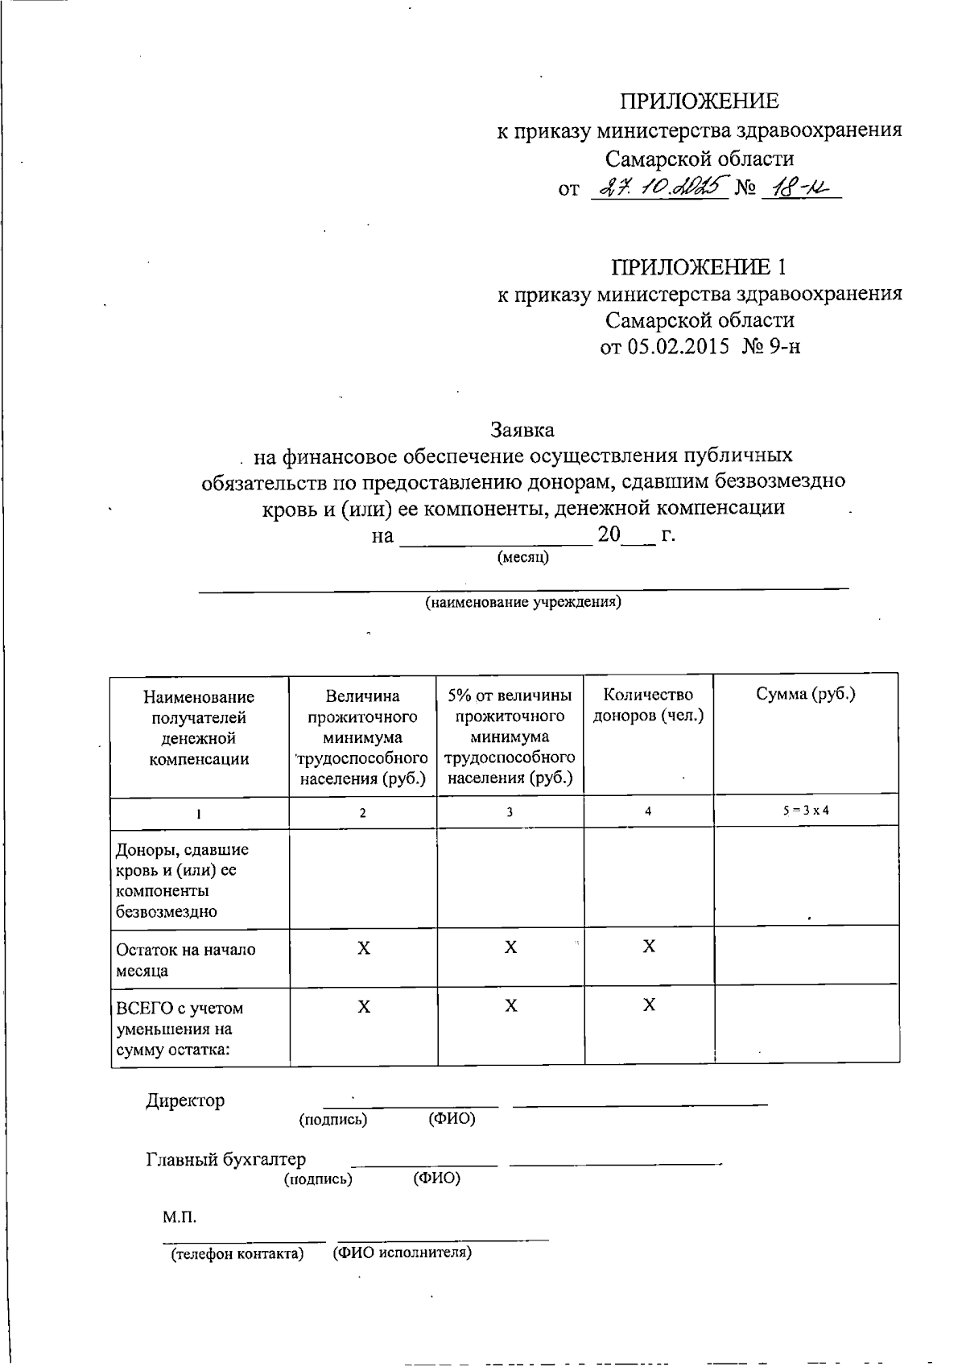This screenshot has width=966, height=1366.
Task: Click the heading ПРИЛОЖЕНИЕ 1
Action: [x=698, y=266]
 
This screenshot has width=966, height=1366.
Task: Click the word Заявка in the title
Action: [x=522, y=430]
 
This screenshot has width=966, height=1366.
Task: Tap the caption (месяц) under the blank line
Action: [x=523, y=557]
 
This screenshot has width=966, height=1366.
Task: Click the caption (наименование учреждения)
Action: [x=523, y=602]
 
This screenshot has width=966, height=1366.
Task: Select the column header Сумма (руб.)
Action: [x=805, y=695]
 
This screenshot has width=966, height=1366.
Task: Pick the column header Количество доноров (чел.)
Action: [x=648, y=705]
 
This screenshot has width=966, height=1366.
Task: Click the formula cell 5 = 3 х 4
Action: [x=805, y=810]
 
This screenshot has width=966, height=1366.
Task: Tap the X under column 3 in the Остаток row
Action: [x=510, y=948]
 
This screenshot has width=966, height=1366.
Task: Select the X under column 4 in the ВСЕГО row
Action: [x=649, y=1006]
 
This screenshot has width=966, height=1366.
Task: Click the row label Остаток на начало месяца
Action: [x=186, y=960]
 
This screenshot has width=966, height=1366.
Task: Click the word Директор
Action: [x=185, y=1101]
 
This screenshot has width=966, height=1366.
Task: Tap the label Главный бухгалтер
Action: [x=225, y=1160]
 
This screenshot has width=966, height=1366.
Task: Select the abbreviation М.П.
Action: [x=180, y=1216]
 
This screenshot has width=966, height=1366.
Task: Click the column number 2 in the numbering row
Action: [x=362, y=813]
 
